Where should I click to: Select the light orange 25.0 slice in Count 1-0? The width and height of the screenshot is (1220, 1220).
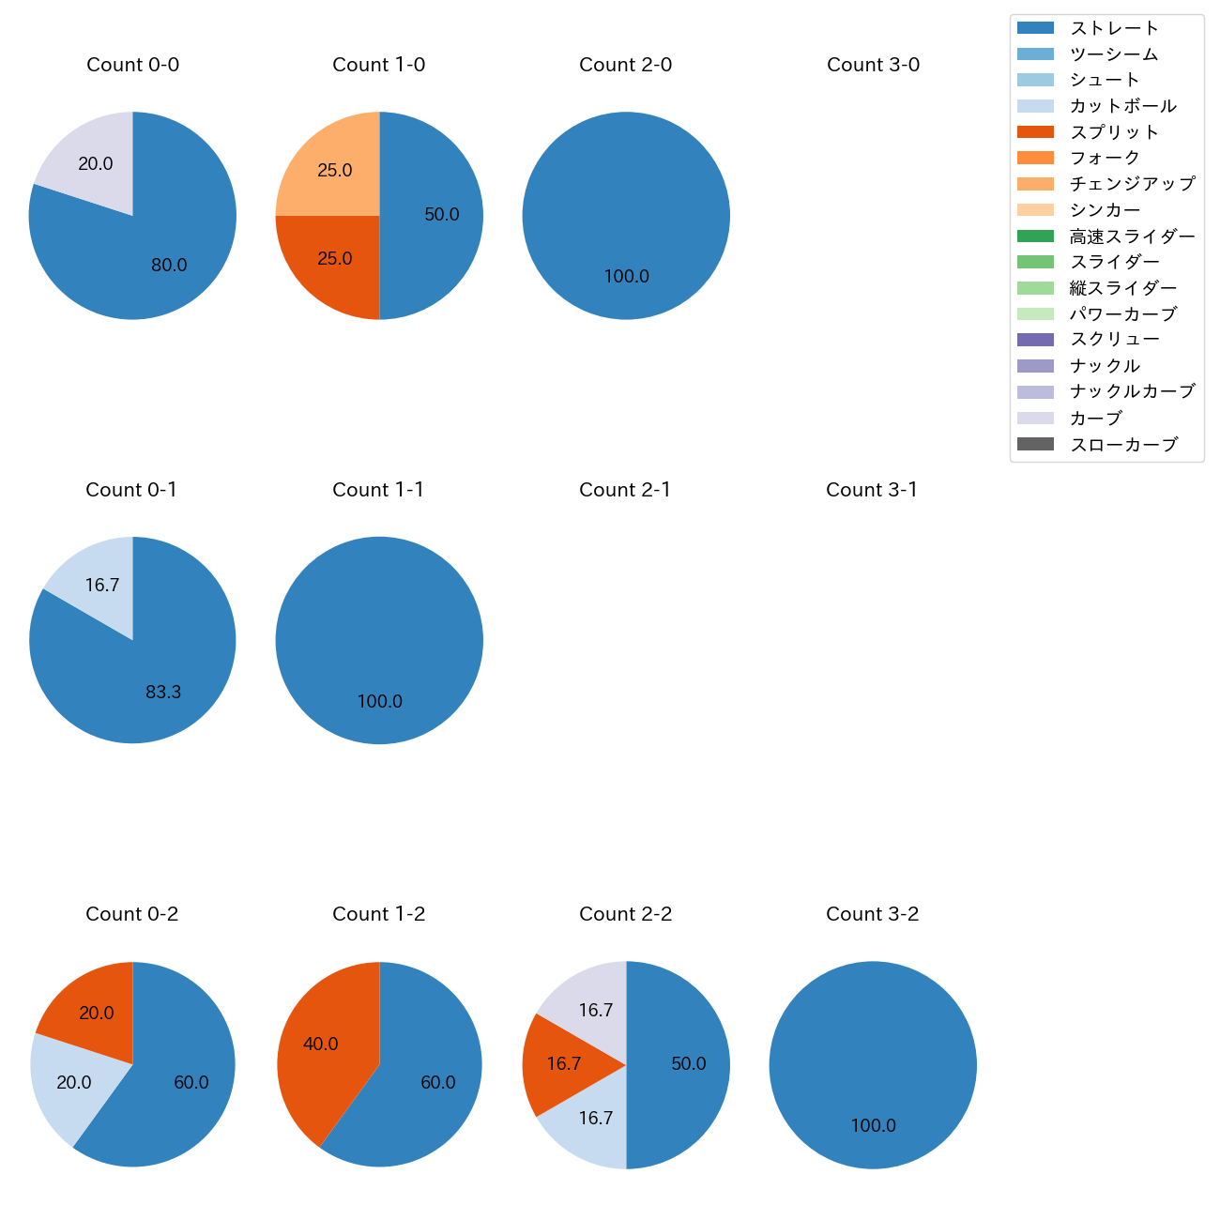coord(333,172)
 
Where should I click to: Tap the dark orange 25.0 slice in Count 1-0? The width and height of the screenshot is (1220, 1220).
coord(333,260)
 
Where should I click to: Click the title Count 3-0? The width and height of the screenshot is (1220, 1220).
coord(873,65)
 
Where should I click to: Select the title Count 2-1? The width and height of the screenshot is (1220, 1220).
coord(625,490)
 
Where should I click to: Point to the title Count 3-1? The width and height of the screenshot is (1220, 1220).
coord(872,490)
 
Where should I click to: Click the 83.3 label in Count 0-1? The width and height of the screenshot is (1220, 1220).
coord(163,693)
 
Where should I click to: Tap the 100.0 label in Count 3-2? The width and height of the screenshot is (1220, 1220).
coord(873,1126)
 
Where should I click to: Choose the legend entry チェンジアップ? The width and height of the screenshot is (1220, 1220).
coord(1132,184)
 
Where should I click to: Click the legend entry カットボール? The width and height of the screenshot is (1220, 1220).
coord(1122,106)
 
